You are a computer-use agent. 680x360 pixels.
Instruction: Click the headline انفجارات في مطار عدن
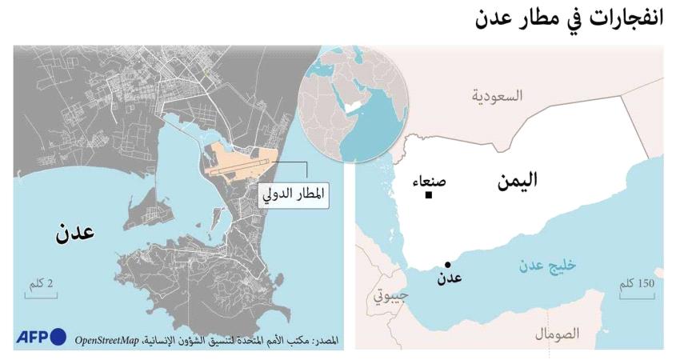pyautogui.click(x=574, y=19)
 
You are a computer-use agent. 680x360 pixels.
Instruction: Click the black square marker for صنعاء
pyautogui.click(x=429, y=194)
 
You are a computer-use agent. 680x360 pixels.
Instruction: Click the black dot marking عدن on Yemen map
pyautogui.click(x=447, y=265)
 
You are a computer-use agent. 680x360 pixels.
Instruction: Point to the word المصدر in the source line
pyautogui.click(x=322, y=340)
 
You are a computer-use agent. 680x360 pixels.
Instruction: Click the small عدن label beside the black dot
pyautogui.click(x=448, y=279)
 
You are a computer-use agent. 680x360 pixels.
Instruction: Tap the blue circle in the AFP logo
pyautogui.click(x=58, y=338)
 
